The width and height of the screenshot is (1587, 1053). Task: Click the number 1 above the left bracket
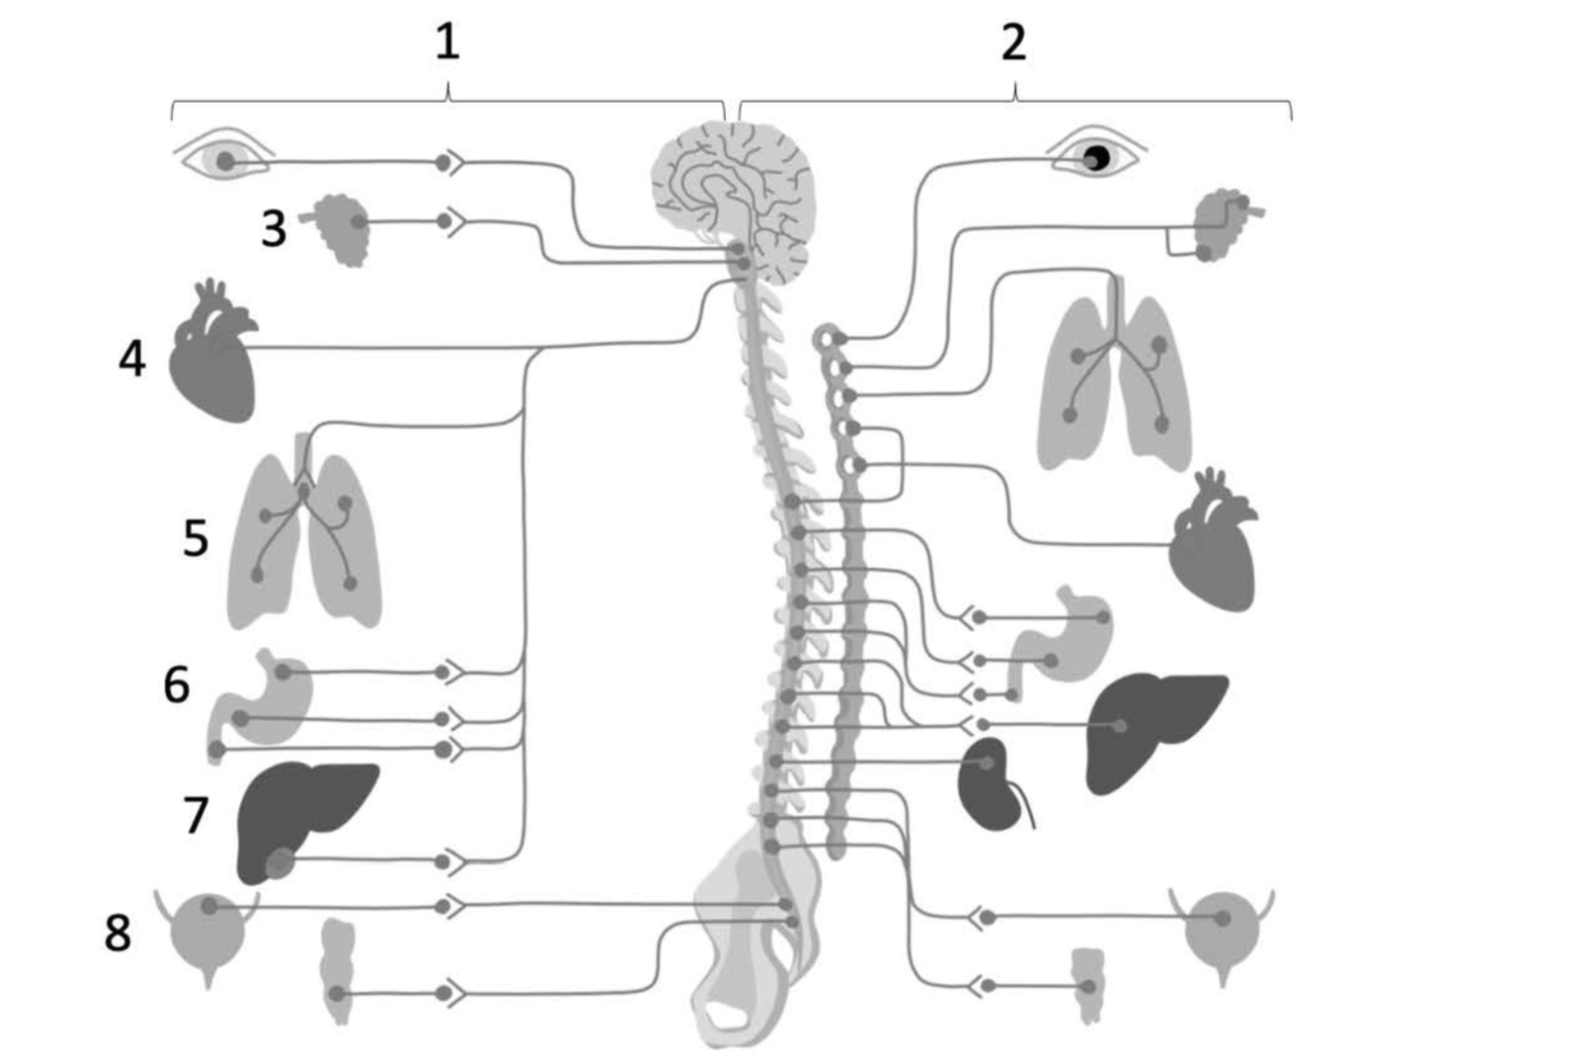coord(447,41)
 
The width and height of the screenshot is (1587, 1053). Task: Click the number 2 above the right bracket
coord(1014,41)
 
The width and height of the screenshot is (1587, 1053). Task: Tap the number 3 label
coord(275,228)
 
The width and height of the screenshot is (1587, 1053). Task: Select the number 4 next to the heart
coord(131,359)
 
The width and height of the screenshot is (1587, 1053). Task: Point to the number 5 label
coord(196,538)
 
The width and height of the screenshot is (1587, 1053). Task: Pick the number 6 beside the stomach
coord(177,685)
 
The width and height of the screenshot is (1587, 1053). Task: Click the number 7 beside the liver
coord(196,815)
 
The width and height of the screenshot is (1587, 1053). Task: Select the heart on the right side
coord(1213,542)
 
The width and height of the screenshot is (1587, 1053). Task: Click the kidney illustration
coord(991,783)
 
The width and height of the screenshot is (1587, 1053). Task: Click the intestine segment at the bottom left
coord(338,971)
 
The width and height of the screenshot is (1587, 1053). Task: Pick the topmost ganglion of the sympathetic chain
coord(829,338)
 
